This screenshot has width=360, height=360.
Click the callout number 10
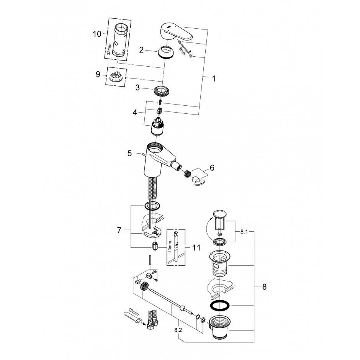click(97, 34)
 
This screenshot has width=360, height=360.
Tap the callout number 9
click(98, 74)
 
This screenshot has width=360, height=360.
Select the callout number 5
click(130, 153)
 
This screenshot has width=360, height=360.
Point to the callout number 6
click(212, 168)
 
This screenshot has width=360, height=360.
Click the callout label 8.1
click(244, 232)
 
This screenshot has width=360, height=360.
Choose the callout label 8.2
click(178, 330)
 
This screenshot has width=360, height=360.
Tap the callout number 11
click(196, 247)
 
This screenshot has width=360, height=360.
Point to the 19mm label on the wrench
click(134, 312)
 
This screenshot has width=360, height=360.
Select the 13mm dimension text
click(170, 247)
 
